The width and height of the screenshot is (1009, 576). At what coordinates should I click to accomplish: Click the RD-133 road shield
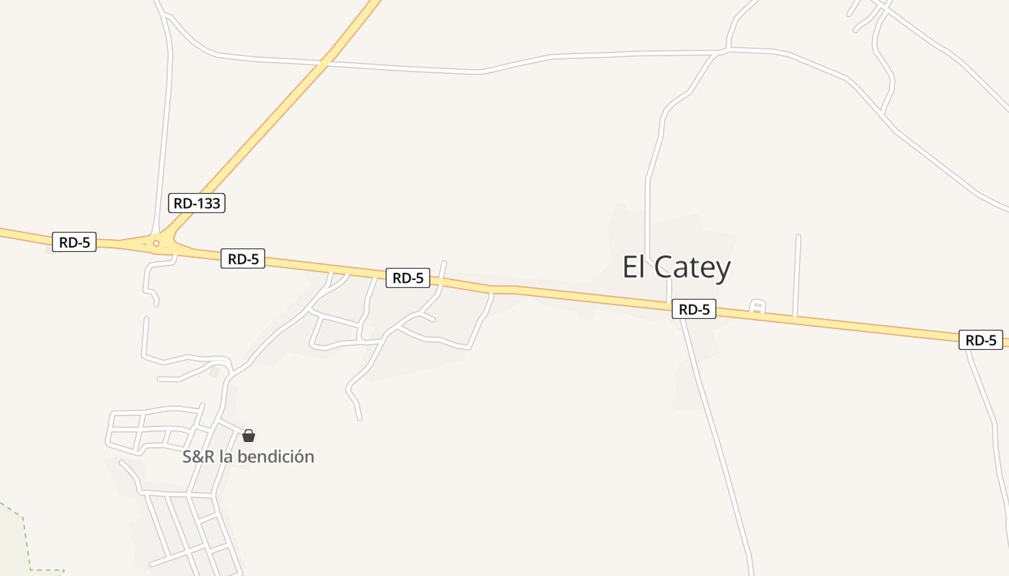coord(197,203)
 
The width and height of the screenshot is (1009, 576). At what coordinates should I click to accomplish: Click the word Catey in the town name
coord(693,268)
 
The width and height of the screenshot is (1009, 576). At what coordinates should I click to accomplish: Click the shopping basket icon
coord(249,436)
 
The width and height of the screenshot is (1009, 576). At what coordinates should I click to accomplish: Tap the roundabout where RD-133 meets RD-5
coord(156,243)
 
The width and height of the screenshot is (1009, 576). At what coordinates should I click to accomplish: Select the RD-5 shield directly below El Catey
coord(694,310)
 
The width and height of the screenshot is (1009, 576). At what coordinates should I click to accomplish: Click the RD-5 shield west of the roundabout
coord(74,242)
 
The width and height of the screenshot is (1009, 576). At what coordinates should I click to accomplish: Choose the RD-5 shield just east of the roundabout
coord(243,258)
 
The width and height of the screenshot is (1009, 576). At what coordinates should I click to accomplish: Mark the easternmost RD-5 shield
coord(981,340)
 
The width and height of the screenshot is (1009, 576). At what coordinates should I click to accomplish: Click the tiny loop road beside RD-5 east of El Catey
coord(756,306)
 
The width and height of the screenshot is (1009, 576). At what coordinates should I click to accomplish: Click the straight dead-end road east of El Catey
coord(797,274)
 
